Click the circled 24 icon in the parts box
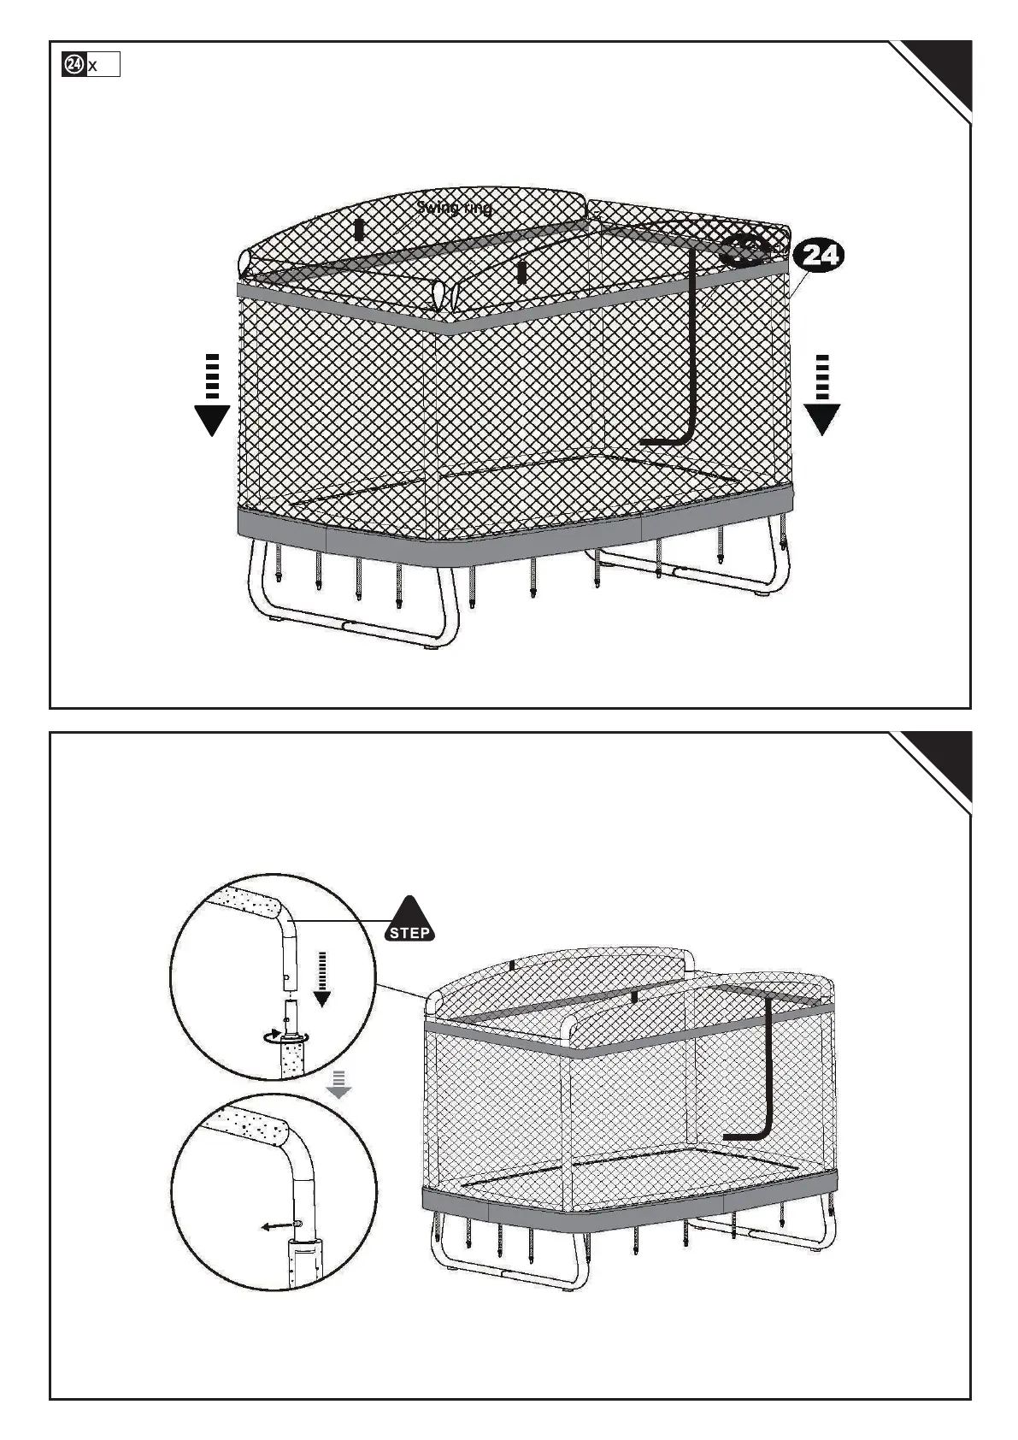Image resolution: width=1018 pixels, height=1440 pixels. (74, 65)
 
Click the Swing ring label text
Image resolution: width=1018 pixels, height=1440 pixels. (454, 207)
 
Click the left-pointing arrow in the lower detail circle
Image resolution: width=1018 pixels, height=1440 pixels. (278, 1226)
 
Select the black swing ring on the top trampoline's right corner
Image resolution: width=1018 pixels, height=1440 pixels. (743, 250)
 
